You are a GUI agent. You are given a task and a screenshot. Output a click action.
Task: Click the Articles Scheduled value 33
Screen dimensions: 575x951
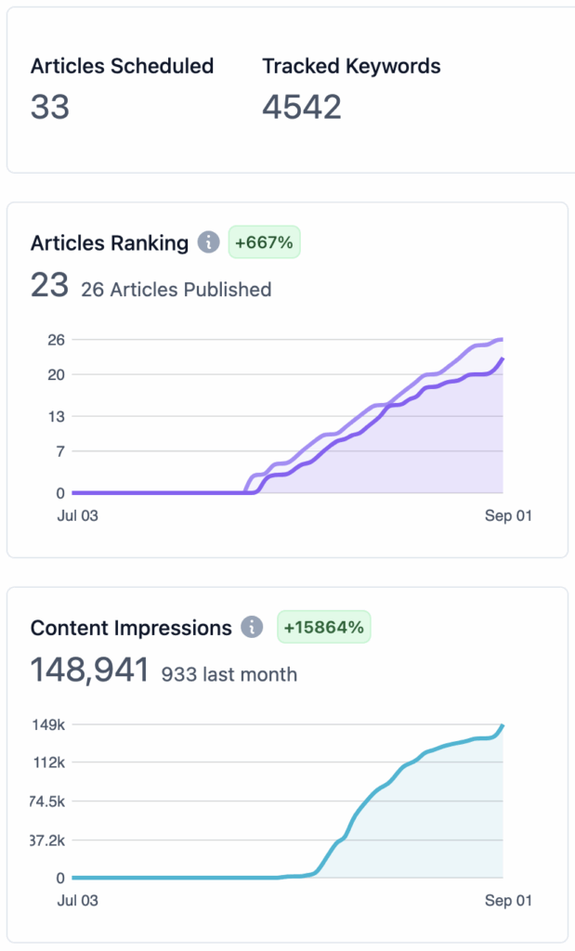[50, 107]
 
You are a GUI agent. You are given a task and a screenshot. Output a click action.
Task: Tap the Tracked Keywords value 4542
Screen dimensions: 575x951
[302, 107]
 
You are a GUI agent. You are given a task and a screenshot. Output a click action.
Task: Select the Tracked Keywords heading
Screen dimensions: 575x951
[351, 66]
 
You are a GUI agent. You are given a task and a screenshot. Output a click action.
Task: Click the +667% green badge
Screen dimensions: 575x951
[264, 242]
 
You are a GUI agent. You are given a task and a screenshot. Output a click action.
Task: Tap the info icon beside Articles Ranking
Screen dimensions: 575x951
[208, 243]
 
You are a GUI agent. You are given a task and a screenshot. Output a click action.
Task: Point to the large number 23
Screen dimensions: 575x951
[50, 285]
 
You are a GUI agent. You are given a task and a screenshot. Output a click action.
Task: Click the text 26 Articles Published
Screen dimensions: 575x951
[176, 290]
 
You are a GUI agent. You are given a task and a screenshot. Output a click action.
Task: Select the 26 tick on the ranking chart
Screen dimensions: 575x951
[57, 340]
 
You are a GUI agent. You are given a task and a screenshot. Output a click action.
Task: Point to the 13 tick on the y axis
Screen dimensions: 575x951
[57, 416]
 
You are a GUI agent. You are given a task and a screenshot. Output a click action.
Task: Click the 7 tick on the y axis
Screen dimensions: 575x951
[60, 451]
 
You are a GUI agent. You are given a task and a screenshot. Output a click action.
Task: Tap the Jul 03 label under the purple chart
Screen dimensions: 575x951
[78, 515]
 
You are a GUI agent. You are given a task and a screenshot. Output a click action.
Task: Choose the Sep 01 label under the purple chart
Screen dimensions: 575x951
[508, 515]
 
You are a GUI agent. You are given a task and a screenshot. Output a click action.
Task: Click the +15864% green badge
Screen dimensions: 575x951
[324, 627]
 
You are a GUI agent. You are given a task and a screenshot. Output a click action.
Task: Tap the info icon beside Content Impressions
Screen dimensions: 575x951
[252, 627]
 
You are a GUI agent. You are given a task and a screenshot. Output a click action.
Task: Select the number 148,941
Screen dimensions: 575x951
[90, 671]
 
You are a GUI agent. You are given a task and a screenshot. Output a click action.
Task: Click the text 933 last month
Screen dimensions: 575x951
[229, 674]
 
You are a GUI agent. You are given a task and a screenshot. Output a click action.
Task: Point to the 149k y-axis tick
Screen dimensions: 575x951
[48, 724]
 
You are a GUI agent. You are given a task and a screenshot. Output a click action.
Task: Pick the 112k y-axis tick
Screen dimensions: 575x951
[49, 762]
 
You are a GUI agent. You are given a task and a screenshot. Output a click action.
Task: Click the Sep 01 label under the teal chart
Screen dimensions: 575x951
[508, 901]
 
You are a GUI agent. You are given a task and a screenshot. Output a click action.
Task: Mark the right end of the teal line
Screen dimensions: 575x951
[503, 725]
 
